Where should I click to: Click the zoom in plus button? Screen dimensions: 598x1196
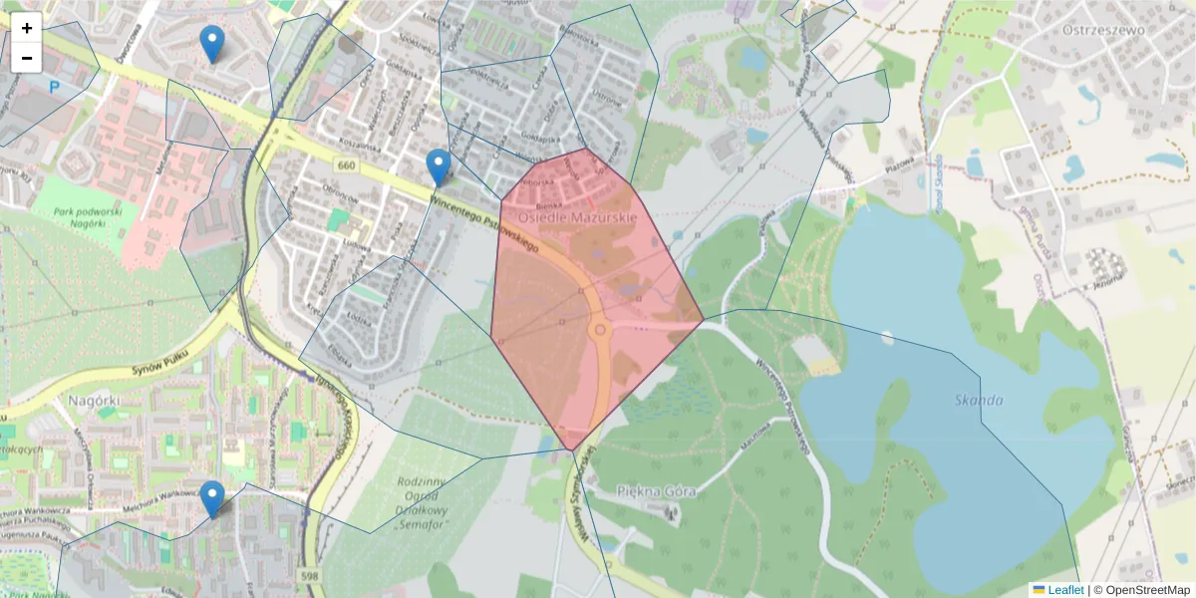27,28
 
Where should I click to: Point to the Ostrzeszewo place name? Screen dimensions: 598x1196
1103,29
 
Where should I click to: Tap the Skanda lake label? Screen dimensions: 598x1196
978,400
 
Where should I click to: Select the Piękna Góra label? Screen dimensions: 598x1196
655,490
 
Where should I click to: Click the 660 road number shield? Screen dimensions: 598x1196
346,164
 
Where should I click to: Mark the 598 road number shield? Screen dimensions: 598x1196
308,575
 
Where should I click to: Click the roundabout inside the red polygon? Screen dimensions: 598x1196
600,328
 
